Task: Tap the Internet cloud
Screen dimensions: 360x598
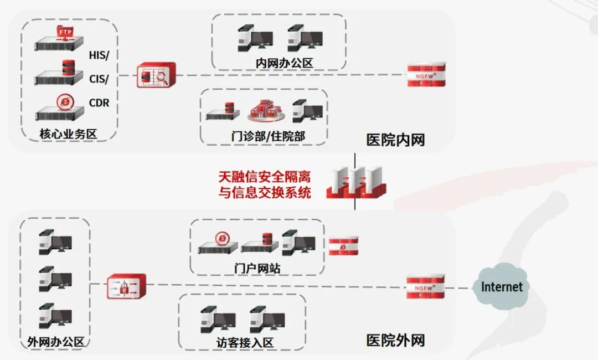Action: [x=501, y=287]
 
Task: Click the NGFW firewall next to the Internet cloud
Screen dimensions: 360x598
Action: [x=425, y=287]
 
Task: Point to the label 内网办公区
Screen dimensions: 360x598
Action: [x=284, y=63]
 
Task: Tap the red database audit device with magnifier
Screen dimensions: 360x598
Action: [x=156, y=75]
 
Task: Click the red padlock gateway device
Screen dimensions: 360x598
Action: [x=126, y=286]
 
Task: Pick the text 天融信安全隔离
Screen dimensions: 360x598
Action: [x=264, y=177]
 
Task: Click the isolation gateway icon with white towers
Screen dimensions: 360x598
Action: [x=355, y=183]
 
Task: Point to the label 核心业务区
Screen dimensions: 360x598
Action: [x=68, y=134]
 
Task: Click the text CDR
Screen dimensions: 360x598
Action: [x=99, y=103]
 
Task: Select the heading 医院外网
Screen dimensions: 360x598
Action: [x=395, y=340]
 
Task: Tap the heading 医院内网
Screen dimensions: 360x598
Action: [x=395, y=140]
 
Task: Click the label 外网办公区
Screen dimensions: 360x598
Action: [x=55, y=342]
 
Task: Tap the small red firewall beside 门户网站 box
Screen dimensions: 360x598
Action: [x=343, y=246]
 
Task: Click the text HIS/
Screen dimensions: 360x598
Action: [x=99, y=55]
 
